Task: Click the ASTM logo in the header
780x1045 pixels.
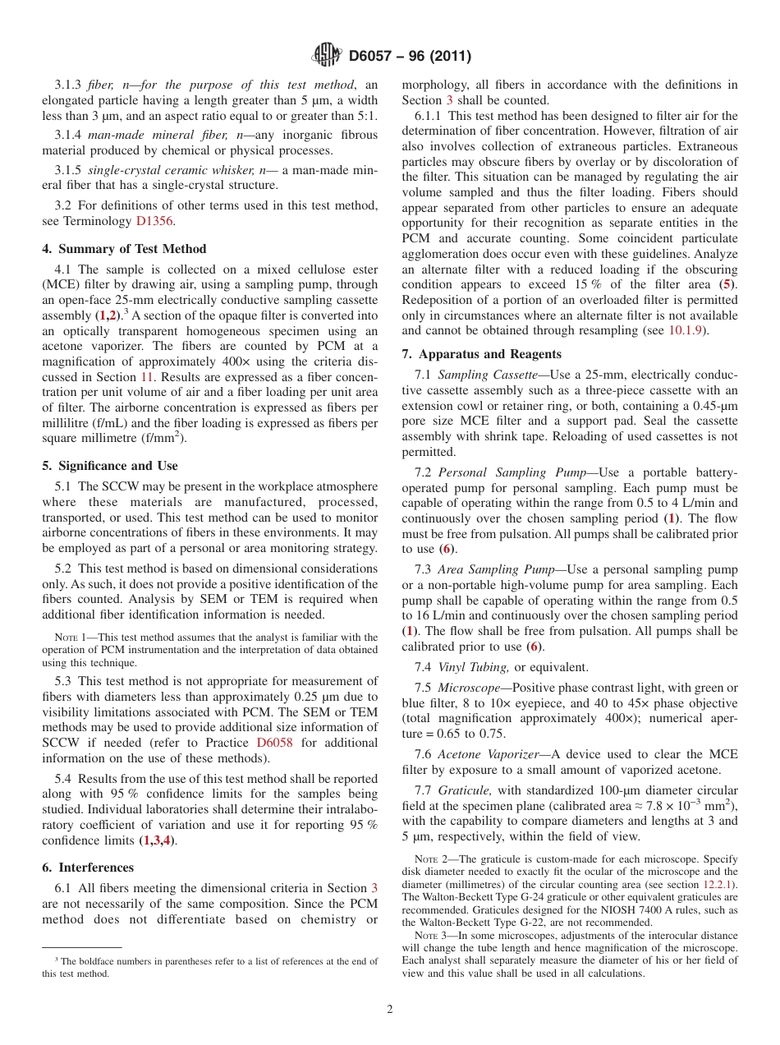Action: [327, 56]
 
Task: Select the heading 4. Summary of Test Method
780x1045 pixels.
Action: [124, 249]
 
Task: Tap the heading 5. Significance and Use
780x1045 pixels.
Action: [110, 466]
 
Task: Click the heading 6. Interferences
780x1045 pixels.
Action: [88, 868]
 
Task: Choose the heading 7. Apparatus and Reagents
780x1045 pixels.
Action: [482, 354]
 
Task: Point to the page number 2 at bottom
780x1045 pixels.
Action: [390, 1010]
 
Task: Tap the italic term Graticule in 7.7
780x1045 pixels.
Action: [466, 790]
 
